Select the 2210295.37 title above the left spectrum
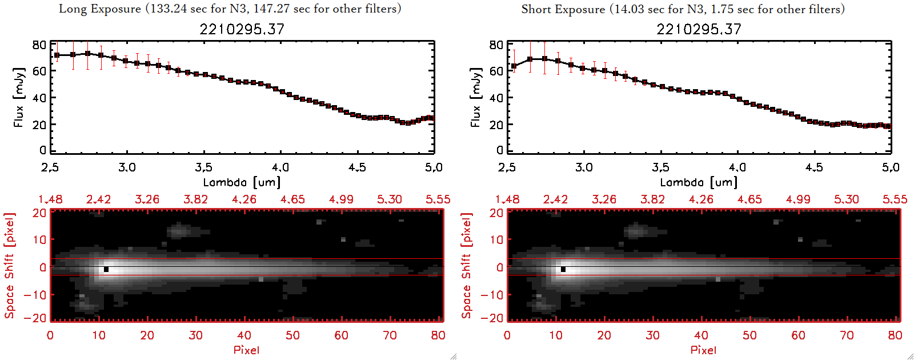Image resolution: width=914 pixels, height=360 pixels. click(242, 29)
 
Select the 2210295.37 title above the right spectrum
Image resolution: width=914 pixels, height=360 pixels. click(699, 29)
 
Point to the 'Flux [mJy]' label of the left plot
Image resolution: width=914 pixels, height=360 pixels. click(19, 97)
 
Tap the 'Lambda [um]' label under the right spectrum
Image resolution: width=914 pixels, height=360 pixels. click(699, 182)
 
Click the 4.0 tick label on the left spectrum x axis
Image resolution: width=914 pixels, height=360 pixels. click(280, 167)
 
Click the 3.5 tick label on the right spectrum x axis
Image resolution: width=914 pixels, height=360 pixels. click(660, 167)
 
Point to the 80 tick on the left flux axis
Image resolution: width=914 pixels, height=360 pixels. click(39, 45)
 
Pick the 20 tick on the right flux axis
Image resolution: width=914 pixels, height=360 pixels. click(496, 125)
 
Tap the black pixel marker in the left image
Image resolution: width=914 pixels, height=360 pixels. click(106, 269)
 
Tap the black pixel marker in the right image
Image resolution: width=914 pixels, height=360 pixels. click(563, 269)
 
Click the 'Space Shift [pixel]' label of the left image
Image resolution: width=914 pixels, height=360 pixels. click(9, 266)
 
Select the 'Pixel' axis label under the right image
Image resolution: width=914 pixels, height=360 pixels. click(703, 350)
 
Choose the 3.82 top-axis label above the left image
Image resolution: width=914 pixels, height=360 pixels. click(195, 199)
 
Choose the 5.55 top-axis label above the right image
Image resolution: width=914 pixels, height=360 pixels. click(895, 199)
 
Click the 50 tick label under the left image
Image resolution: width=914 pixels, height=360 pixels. click(292, 335)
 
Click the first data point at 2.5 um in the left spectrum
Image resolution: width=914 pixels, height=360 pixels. click(57, 55)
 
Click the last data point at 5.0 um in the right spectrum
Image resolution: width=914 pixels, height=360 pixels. click(888, 126)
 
